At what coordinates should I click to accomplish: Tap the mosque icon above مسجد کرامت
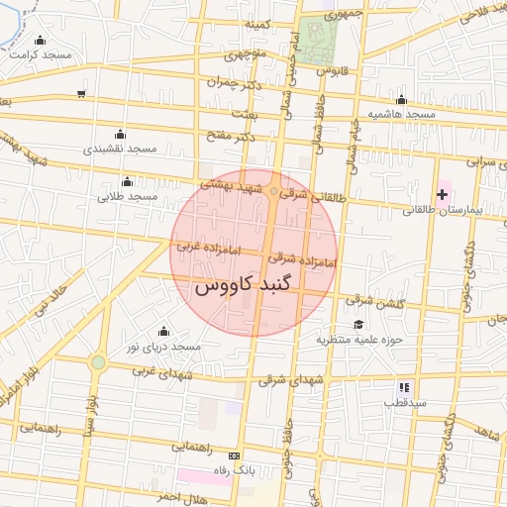(40, 40)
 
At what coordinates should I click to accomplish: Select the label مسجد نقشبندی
(121, 149)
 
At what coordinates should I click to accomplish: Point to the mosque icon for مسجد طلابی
(127, 182)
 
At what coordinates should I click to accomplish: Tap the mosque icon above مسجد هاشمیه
(401, 100)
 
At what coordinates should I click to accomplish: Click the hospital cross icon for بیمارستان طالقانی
(442, 194)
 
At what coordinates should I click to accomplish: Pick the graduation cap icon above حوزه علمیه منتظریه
(357, 324)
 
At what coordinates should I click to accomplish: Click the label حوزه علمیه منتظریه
(355, 340)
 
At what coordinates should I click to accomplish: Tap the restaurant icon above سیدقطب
(404, 387)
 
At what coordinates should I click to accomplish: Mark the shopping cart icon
(80, 95)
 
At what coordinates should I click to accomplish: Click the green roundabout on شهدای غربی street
(97, 362)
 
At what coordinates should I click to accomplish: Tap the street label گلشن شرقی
(373, 299)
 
